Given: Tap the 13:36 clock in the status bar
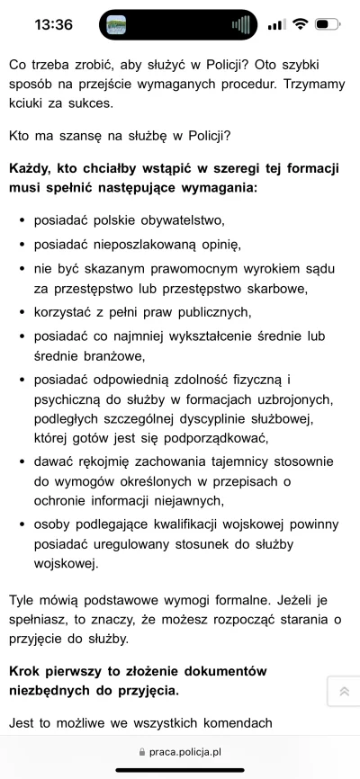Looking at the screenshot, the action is click(53, 24).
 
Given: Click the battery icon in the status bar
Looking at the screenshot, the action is click(328, 24).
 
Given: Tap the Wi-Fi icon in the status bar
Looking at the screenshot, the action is click(299, 24).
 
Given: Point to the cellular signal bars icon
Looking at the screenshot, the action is click(276, 24).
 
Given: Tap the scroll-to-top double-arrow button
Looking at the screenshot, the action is click(343, 691).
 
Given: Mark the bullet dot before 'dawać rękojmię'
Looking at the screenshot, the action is click(20, 461).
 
